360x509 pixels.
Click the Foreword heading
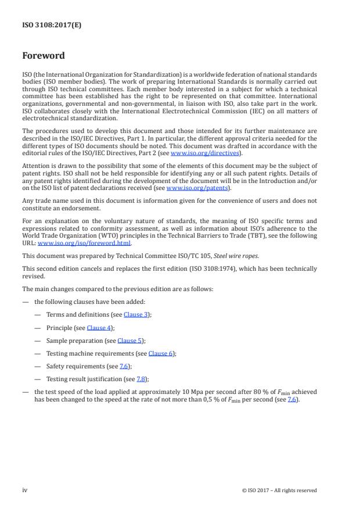(x=43, y=56)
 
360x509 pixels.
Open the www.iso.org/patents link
(x=197, y=188)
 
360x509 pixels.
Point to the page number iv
(x=26, y=490)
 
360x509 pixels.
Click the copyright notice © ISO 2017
(x=279, y=490)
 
